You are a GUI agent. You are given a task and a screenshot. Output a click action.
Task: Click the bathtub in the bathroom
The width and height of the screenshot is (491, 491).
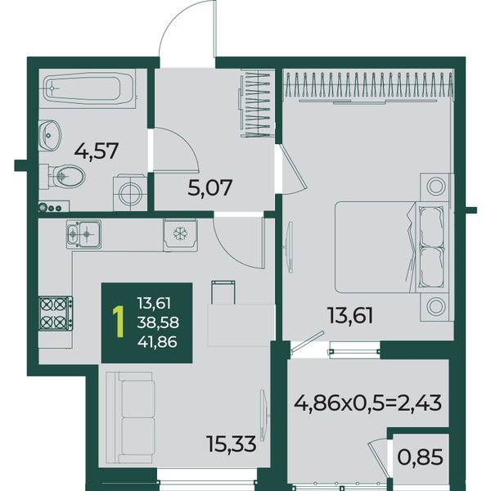click(x=89, y=88)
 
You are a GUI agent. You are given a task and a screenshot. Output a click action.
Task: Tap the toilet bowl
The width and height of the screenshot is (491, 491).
click(x=66, y=177)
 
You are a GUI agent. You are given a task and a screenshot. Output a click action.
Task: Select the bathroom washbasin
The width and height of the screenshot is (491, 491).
click(x=49, y=135)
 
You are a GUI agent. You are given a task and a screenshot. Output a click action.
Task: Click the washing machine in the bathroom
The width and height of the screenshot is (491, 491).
click(x=130, y=193)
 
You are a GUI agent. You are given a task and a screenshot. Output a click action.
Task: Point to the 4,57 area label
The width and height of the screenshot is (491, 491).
click(x=96, y=151)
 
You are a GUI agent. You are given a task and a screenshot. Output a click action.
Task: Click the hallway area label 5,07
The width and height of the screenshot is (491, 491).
click(x=209, y=187)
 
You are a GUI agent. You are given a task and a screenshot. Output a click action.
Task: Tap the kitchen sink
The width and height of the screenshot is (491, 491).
click(x=83, y=234)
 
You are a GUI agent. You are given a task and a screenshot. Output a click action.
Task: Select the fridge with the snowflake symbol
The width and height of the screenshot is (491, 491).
click(x=180, y=235)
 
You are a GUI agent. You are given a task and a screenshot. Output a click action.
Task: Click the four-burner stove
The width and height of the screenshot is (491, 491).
click(x=56, y=313)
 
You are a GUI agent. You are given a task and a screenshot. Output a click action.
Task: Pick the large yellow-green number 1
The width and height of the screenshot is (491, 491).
click(x=119, y=322)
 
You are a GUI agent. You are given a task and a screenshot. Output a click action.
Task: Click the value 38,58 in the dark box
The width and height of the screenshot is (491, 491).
click(x=158, y=322)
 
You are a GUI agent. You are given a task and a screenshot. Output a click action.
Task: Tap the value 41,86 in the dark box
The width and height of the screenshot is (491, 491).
click(x=157, y=341)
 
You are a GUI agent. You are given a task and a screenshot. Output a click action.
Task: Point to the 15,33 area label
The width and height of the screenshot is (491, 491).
click(x=232, y=444)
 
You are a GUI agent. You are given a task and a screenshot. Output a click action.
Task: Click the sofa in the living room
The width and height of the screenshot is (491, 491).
click(x=129, y=417)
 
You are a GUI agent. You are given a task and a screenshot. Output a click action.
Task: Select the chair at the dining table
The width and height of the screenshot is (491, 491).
click(x=223, y=292)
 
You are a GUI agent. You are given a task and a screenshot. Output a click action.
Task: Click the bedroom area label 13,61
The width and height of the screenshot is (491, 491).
click(x=350, y=315)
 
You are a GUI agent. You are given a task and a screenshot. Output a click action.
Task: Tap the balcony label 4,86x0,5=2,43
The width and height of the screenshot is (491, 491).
click(x=367, y=403)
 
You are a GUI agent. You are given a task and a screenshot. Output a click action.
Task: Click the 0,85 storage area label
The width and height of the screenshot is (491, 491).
click(x=420, y=457)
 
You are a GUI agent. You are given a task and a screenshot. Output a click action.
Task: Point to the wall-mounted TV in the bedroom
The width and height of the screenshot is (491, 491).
click(x=291, y=247)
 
